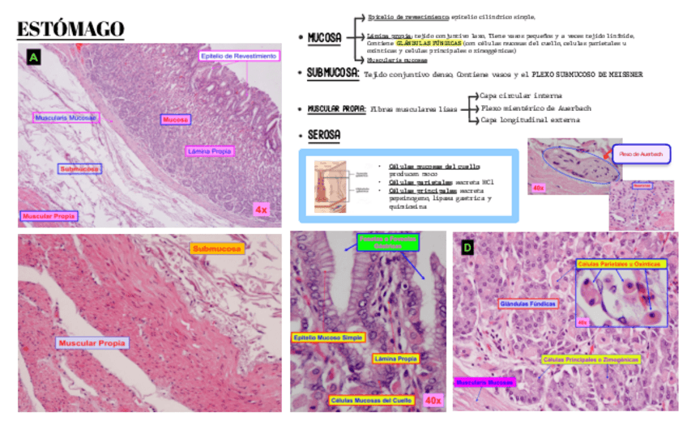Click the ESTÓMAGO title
(71, 28)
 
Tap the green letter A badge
(33, 57)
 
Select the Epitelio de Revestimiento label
(239, 56)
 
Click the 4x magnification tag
(261, 209)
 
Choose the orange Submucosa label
(217, 248)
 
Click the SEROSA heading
(324, 134)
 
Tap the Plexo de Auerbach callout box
(640, 153)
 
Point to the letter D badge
(467, 247)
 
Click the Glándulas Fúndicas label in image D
(527, 303)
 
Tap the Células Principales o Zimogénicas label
(591, 359)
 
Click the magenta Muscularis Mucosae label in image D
(484, 381)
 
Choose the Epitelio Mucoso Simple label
(328, 337)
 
